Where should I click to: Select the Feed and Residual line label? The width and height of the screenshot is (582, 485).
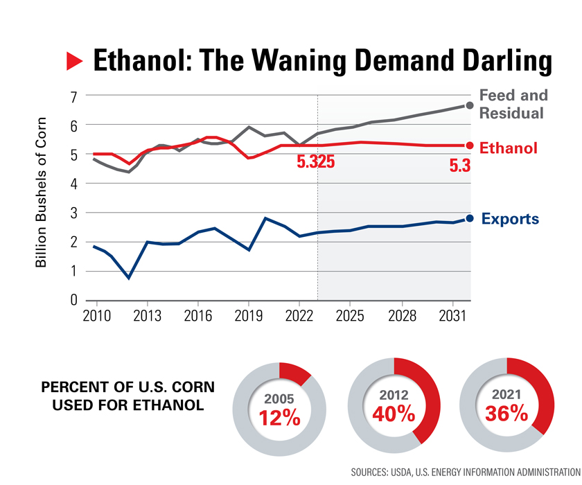(513, 104)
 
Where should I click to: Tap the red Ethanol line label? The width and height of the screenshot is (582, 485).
(509, 148)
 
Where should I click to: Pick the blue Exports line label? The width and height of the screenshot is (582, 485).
(510, 220)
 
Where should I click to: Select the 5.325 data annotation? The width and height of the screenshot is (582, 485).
(316, 163)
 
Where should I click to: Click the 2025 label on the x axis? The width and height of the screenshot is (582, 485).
(350, 316)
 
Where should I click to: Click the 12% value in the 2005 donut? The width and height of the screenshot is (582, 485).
(279, 418)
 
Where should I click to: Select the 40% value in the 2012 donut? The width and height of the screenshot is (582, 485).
(394, 414)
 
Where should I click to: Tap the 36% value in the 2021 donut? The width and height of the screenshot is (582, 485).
(507, 414)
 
